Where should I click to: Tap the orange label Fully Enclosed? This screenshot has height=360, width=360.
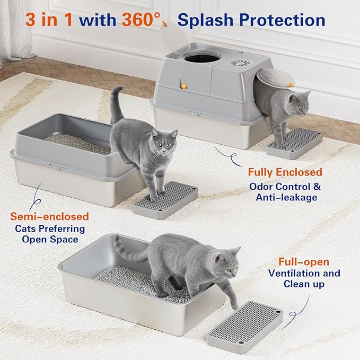click(x=284, y=172)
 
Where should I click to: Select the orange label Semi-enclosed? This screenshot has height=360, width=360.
click(x=49, y=216)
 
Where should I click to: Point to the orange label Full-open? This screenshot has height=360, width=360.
click(x=304, y=262)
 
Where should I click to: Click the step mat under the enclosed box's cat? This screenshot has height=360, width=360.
click(x=294, y=143)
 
